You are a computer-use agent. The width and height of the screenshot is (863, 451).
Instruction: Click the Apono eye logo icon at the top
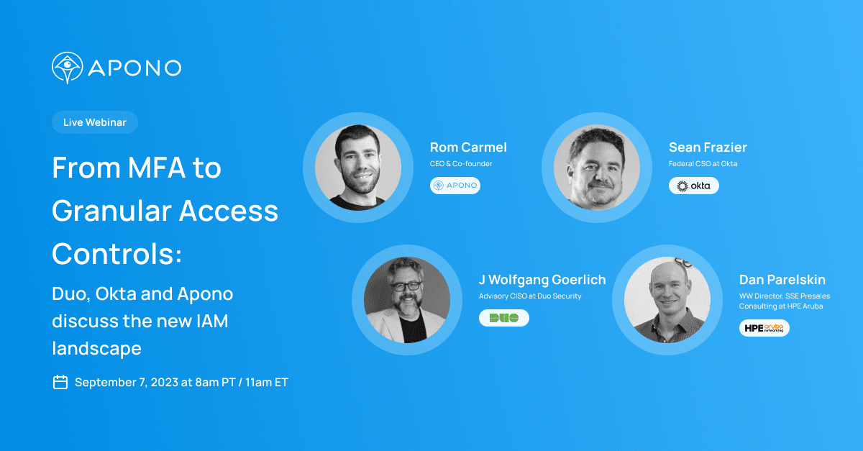coord(68,68)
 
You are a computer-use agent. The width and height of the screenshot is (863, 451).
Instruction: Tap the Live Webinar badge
coord(94,122)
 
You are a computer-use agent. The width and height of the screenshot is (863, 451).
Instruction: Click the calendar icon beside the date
coord(60,382)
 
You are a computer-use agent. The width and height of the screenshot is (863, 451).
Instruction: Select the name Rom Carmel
coord(468,147)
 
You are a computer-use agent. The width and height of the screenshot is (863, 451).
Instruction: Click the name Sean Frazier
coord(708,147)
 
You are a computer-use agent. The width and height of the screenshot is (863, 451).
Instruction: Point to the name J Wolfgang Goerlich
coord(542,280)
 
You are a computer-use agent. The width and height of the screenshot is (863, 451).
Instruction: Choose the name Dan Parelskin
coord(782,280)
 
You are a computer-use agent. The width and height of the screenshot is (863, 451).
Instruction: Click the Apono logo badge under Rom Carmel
coord(455,186)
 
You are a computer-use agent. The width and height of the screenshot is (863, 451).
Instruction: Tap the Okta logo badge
coord(694,186)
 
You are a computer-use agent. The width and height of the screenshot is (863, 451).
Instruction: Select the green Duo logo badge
coord(504,318)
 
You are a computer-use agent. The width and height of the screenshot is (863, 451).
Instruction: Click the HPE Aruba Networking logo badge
coord(764,328)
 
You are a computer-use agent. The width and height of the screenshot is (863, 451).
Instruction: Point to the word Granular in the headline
coord(110,211)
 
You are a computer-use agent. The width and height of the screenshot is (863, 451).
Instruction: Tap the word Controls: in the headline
coord(117,253)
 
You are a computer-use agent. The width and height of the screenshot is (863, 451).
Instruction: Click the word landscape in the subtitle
coord(96,348)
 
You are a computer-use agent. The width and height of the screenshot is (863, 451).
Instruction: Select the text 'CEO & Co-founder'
coord(461,164)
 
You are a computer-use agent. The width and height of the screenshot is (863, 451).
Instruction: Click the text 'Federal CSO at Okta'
coord(703,164)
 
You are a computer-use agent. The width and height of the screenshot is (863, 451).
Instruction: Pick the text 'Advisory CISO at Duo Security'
coord(530,296)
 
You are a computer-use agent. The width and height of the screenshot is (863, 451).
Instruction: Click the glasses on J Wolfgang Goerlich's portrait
coord(407,286)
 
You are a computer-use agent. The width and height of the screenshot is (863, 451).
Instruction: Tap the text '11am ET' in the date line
coord(266,382)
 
